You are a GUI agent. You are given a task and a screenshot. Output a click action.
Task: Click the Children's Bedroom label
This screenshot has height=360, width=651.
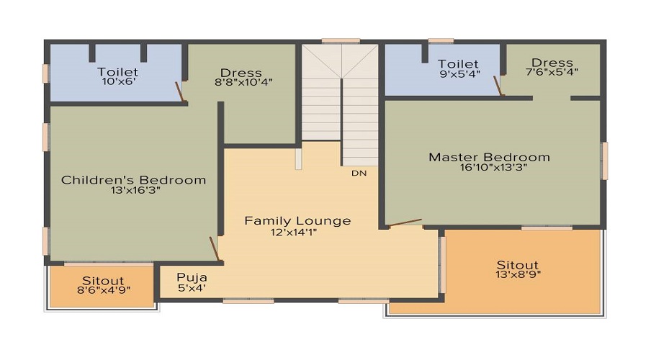tap(133, 180)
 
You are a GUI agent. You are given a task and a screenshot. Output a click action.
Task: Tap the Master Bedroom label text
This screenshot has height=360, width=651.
tap(489, 157)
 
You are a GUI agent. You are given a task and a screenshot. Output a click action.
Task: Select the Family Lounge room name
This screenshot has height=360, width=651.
tap(297, 220)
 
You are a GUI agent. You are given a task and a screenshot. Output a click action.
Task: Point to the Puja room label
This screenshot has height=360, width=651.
tap(192, 277)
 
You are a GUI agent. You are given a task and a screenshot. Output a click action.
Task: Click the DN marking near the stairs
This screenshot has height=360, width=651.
tap(359, 174)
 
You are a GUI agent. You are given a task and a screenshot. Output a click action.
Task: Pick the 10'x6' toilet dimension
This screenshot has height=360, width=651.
tap(117, 83)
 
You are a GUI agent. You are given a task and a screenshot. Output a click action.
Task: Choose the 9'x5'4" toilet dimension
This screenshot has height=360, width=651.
tap(458, 74)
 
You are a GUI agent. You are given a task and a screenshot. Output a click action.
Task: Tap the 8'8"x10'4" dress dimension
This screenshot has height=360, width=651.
tap(241, 83)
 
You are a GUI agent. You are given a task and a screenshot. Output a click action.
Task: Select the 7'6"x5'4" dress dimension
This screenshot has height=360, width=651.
tap(552, 72)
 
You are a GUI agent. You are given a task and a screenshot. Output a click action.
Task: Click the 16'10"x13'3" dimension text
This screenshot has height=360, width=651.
tap(489, 168)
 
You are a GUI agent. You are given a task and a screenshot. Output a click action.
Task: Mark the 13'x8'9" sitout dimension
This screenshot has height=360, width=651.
tap(517, 274)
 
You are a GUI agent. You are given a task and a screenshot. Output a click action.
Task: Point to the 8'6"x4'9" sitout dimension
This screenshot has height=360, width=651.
tap(102, 291)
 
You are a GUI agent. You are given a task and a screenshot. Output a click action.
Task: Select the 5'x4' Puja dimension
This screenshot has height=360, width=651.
tap(192, 288)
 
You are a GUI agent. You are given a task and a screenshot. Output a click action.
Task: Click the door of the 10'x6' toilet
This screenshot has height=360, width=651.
tap(180, 92)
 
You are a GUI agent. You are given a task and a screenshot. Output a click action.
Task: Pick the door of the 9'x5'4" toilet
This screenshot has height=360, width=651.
tap(498, 86)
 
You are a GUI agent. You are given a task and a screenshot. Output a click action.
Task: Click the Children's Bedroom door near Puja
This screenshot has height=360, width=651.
tap(214, 248)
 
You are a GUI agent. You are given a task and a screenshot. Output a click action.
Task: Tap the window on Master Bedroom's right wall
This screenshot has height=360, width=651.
tap(605, 161)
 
